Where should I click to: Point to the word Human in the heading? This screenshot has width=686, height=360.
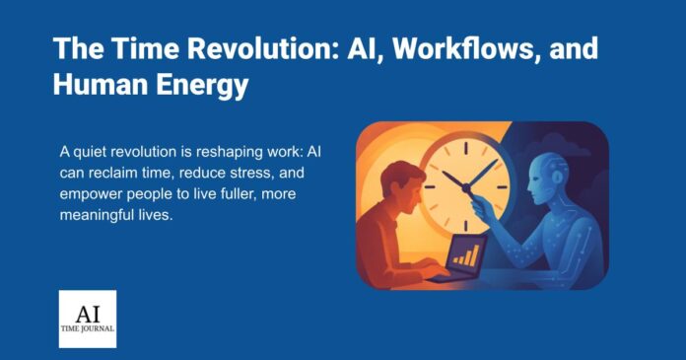[x=97, y=87]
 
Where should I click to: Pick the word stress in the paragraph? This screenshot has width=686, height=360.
[x=224, y=174]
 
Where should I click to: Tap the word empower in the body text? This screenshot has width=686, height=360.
[x=95, y=195]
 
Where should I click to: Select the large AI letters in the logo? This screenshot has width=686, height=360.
[x=88, y=308]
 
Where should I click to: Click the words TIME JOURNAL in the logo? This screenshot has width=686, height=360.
[x=88, y=331]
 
